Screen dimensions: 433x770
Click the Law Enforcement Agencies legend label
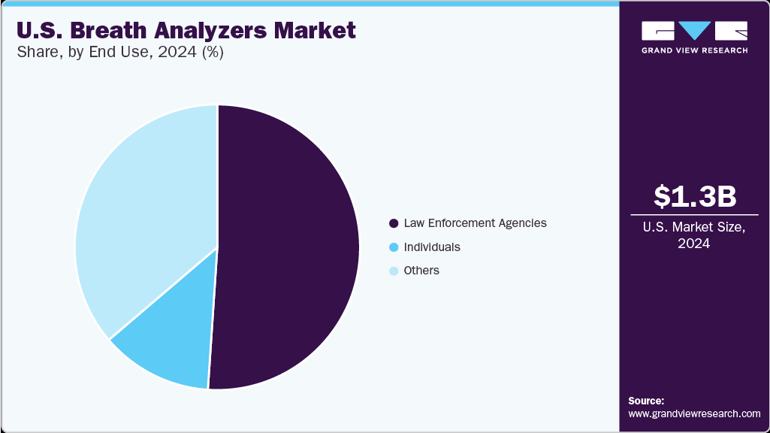(x=475, y=223)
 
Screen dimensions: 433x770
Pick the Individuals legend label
(x=432, y=247)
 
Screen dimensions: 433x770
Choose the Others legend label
(x=421, y=270)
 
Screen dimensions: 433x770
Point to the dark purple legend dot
(x=394, y=223)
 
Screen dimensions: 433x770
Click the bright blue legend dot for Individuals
(x=394, y=247)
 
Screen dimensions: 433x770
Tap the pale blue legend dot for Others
(x=394, y=270)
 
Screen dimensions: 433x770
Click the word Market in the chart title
(x=319, y=31)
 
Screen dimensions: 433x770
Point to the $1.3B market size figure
(x=694, y=196)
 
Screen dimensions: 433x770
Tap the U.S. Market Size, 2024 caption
(x=694, y=236)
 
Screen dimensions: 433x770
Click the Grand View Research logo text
(x=694, y=50)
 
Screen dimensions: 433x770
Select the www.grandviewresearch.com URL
(x=694, y=413)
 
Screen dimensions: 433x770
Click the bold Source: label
(x=646, y=401)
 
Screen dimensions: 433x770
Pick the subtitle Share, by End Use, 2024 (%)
(x=120, y=53)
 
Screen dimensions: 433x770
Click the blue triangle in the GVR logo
(x=694, y=29)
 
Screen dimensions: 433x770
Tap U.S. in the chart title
(x=37, y=31)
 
